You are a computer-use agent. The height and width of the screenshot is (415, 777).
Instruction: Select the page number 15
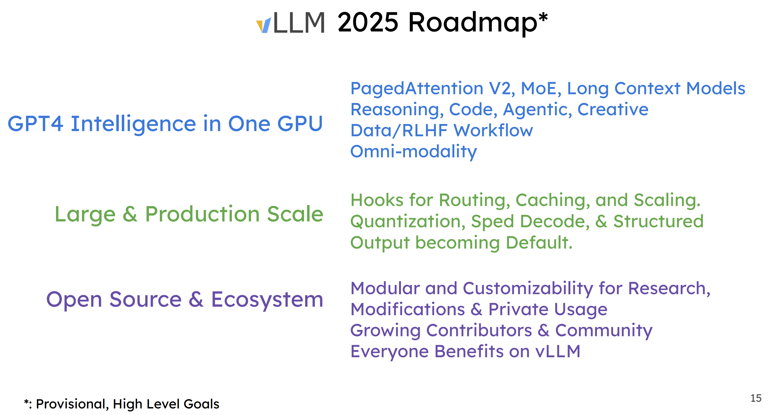click(x=756, y=398)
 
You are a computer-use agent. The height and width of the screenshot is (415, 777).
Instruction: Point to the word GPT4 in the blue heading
click(x=35, y=124)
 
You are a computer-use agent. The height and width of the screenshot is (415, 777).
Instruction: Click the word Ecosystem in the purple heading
click(x=267, y=300)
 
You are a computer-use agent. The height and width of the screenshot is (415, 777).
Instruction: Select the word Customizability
click(x=528, y=289)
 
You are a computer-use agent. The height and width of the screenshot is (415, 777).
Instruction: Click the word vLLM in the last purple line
click(x=558, y=351)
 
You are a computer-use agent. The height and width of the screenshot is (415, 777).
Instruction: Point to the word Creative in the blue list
click(x=613, y=109)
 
